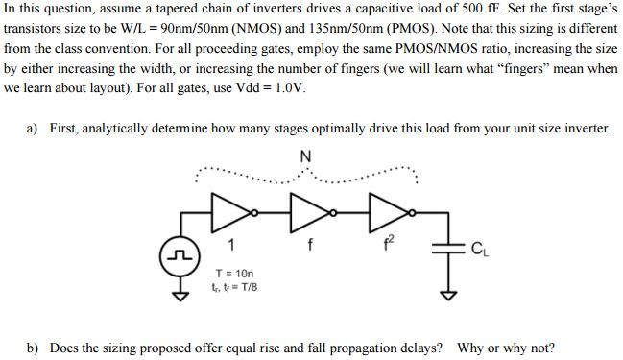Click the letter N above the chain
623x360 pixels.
click(304, 156)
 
